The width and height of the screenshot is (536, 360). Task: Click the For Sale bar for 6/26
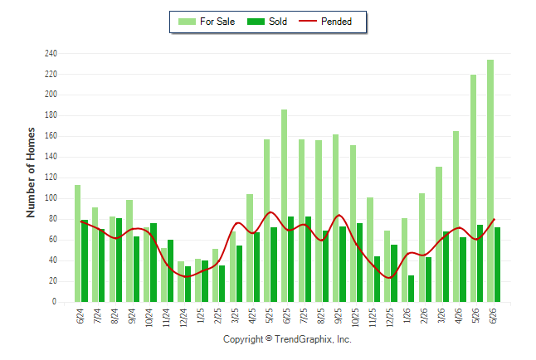click(x=490, y=181)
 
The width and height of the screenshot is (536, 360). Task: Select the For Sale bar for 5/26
click(x=473, y=188)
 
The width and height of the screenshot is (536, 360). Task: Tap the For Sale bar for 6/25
click(x=284, y=206)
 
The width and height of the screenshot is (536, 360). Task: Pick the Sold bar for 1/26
click(x=411, y=289)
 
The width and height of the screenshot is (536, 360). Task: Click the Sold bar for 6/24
click(x=85, y=261)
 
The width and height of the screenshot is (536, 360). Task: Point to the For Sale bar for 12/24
click(x=181, y=282)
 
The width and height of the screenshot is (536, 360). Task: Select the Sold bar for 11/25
click(x=377, y=280)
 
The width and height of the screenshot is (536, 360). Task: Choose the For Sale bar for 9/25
click(x=336, y=218)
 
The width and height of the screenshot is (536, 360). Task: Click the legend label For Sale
click(x=217, y=22)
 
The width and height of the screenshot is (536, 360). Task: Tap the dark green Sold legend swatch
click(x=256, y=22)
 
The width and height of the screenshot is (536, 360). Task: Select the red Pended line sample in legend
click(x=308, y=21)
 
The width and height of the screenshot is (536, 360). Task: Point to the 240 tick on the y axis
click(x=51, y=54)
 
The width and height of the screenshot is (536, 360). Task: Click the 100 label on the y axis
click(x=51, y=198)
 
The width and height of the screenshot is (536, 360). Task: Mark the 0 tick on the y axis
click(x=55, y=302)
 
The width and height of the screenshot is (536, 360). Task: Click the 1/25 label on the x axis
click(x=201, y=315)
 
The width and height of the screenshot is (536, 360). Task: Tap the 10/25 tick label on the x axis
click(x=355, y=318)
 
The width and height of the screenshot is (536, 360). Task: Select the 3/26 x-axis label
click(x=441, y=315)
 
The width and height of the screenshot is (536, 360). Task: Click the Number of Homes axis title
click(x=31, y=173)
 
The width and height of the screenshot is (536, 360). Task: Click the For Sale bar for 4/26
click(x=456, y=216)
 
